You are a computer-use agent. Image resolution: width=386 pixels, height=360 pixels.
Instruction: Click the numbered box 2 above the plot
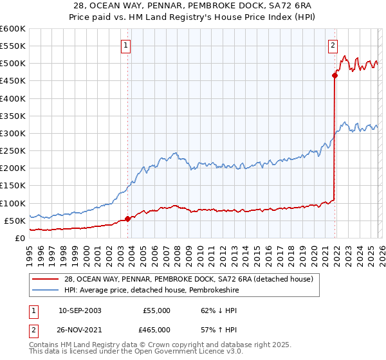click(x=333, y=45)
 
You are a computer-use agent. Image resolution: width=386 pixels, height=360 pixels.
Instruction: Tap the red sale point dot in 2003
click(x=127, y=219)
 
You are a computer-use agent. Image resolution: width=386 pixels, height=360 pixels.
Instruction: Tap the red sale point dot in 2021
click(x=335, y=75)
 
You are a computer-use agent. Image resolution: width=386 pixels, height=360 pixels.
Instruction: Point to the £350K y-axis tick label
click(x=13, y=116)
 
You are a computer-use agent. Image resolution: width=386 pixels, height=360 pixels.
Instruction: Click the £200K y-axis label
click(x=13, y=168)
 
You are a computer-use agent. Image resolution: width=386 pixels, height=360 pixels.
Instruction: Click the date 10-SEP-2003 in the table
click(x=79, y=310)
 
